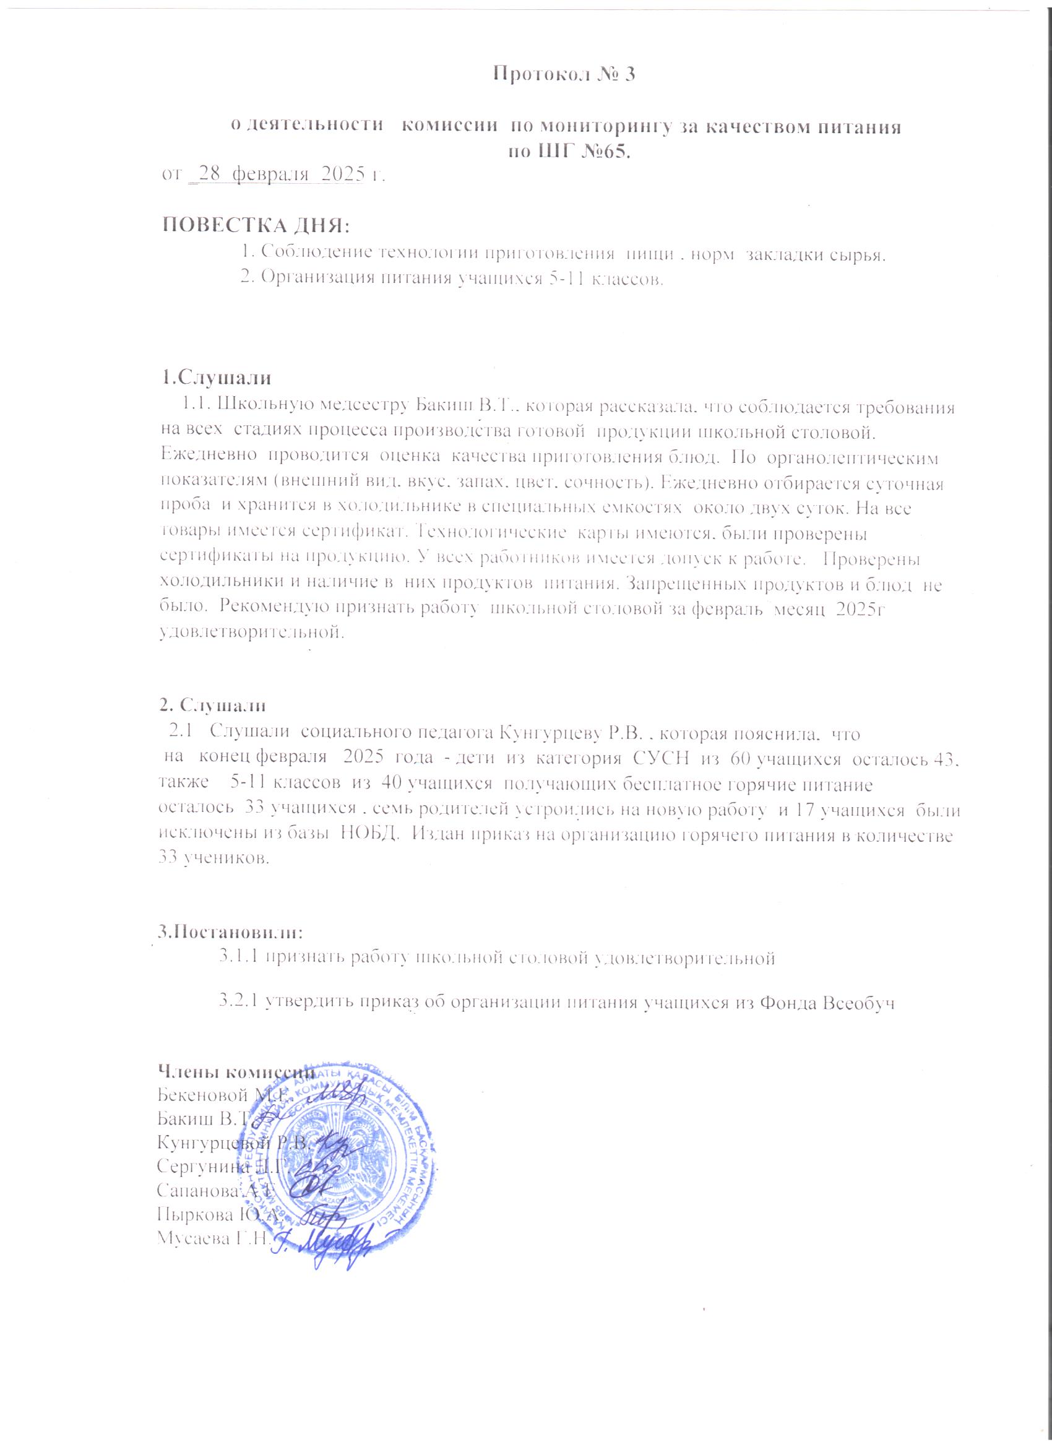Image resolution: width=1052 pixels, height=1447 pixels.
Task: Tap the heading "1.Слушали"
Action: pyautogui.click(x=216, y=378)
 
